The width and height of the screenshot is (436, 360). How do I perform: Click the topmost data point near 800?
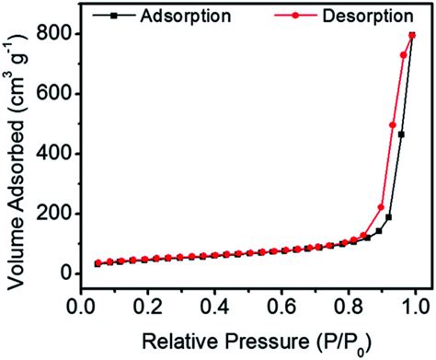pyautogui.click(x=412, y=36)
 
